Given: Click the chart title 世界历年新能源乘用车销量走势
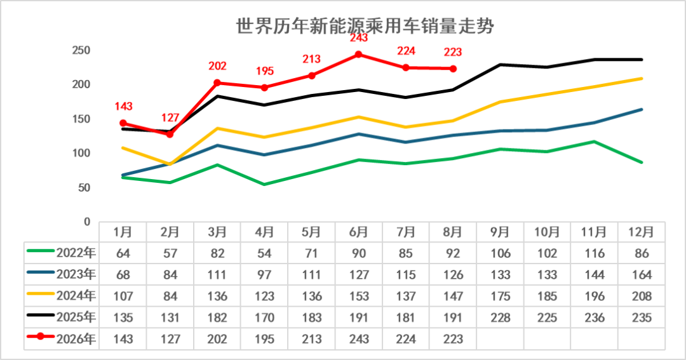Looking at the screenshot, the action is click(365, 26).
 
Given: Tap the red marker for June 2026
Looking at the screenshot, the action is click(358, 55).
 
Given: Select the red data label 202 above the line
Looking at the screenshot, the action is click(217, 66).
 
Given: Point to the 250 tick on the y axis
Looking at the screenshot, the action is click(81, 50).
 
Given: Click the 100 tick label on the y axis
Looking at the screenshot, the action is click(81, 153).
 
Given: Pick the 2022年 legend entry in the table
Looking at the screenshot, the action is click(62, 253).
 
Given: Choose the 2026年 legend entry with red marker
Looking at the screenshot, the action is click(62, 338).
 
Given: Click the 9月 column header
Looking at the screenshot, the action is click(500, 232).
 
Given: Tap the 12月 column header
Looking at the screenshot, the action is click(642, 232).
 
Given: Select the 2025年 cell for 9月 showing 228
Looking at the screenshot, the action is click(500, 317).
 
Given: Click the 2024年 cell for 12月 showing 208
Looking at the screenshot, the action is click(642, 296).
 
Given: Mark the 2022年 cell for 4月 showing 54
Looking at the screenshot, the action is click(264, 253).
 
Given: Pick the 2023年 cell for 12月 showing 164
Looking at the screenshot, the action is click(642, 275).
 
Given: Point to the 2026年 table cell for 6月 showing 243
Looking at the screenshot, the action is click(359, 339).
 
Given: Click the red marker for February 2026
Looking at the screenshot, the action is click(170, 135).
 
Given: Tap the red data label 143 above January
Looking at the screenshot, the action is click(123, 106).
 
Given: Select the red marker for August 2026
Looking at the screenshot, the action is click(453, 69).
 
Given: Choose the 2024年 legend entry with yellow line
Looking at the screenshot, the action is click(62, 296).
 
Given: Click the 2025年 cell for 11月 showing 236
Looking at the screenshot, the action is click(594, 317).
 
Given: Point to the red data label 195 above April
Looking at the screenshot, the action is click(265, 71).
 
